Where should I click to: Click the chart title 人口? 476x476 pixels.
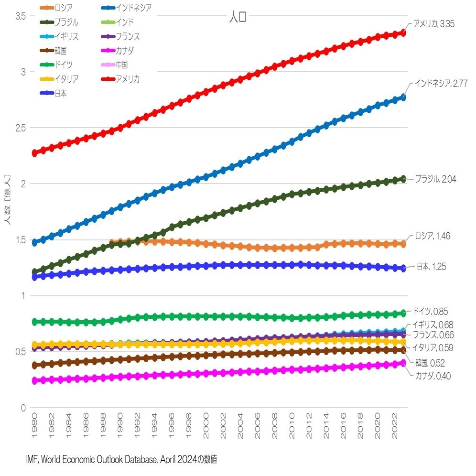(x=238, y=18)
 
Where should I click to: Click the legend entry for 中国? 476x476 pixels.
(x=121, y=65)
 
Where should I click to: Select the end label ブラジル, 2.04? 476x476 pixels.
(x=435, y=179)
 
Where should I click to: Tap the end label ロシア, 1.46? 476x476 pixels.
(x=432, y=236)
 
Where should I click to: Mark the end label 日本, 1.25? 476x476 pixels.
(x=430, y=266)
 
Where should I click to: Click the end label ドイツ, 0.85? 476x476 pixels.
(x=430, y=312)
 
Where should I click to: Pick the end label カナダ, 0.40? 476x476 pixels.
(x=433, y=376)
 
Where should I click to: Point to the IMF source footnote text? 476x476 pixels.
(x=122, y=460)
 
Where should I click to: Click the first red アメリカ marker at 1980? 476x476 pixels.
(x=35, y=153)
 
